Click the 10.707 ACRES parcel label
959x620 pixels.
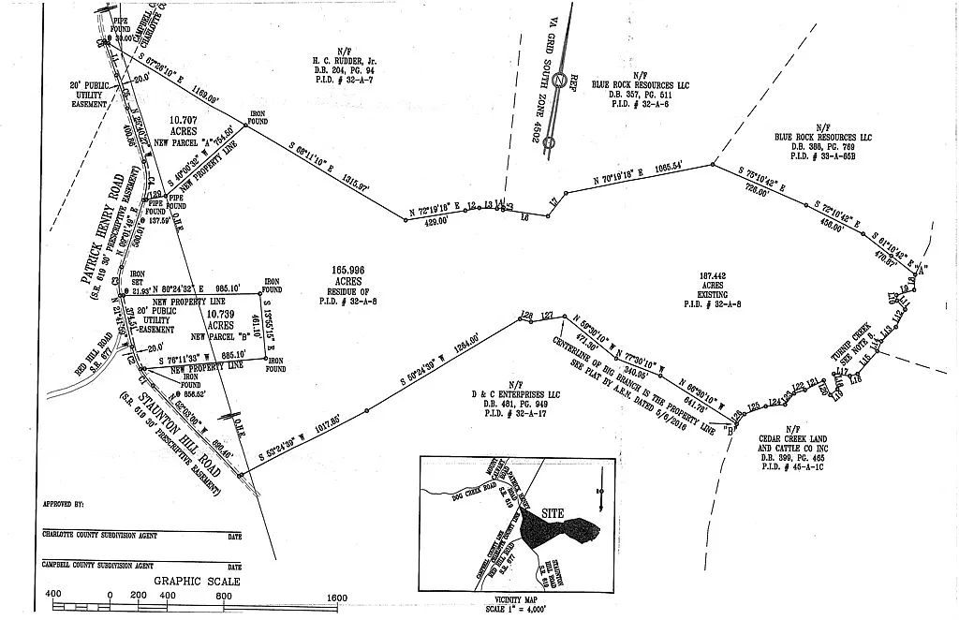click(x=183, y=126)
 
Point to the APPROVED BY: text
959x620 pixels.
click(x=64, y=503)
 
